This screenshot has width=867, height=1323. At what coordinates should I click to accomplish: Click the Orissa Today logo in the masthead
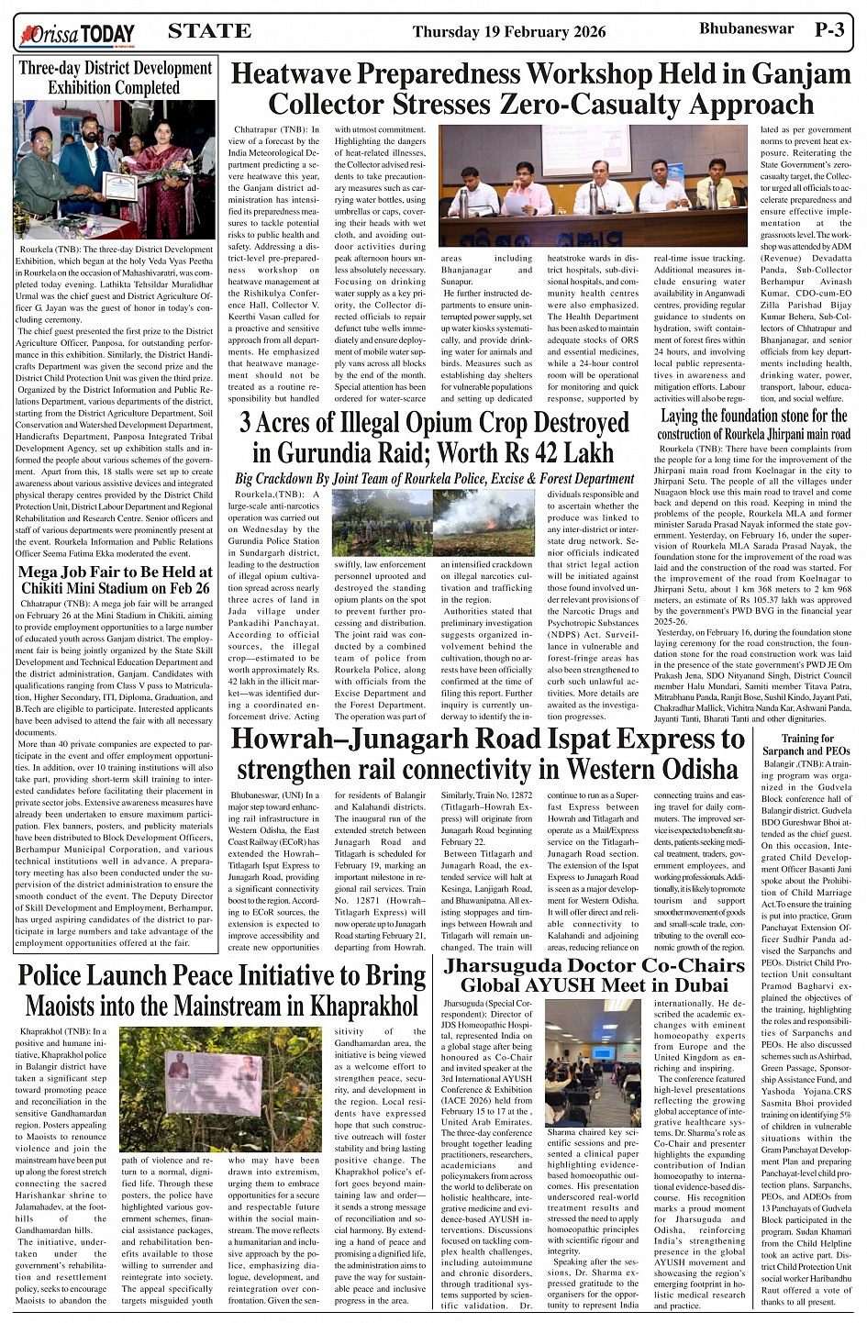tap(77, 35)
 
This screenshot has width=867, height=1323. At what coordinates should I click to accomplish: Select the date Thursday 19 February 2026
tap(509, 32)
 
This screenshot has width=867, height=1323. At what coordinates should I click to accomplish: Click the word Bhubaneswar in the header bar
tap(746, 29)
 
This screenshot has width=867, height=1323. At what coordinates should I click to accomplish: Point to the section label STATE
tap(209, 31)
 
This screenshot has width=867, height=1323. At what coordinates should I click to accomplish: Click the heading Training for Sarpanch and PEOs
tap(807, 744)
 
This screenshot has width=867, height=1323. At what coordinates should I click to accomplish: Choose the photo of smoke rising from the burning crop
tap(484, 522)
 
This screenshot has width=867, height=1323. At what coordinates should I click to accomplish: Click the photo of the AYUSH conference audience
tap(594, 1062)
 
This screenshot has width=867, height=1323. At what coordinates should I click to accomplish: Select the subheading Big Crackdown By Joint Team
tap(434, 479)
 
